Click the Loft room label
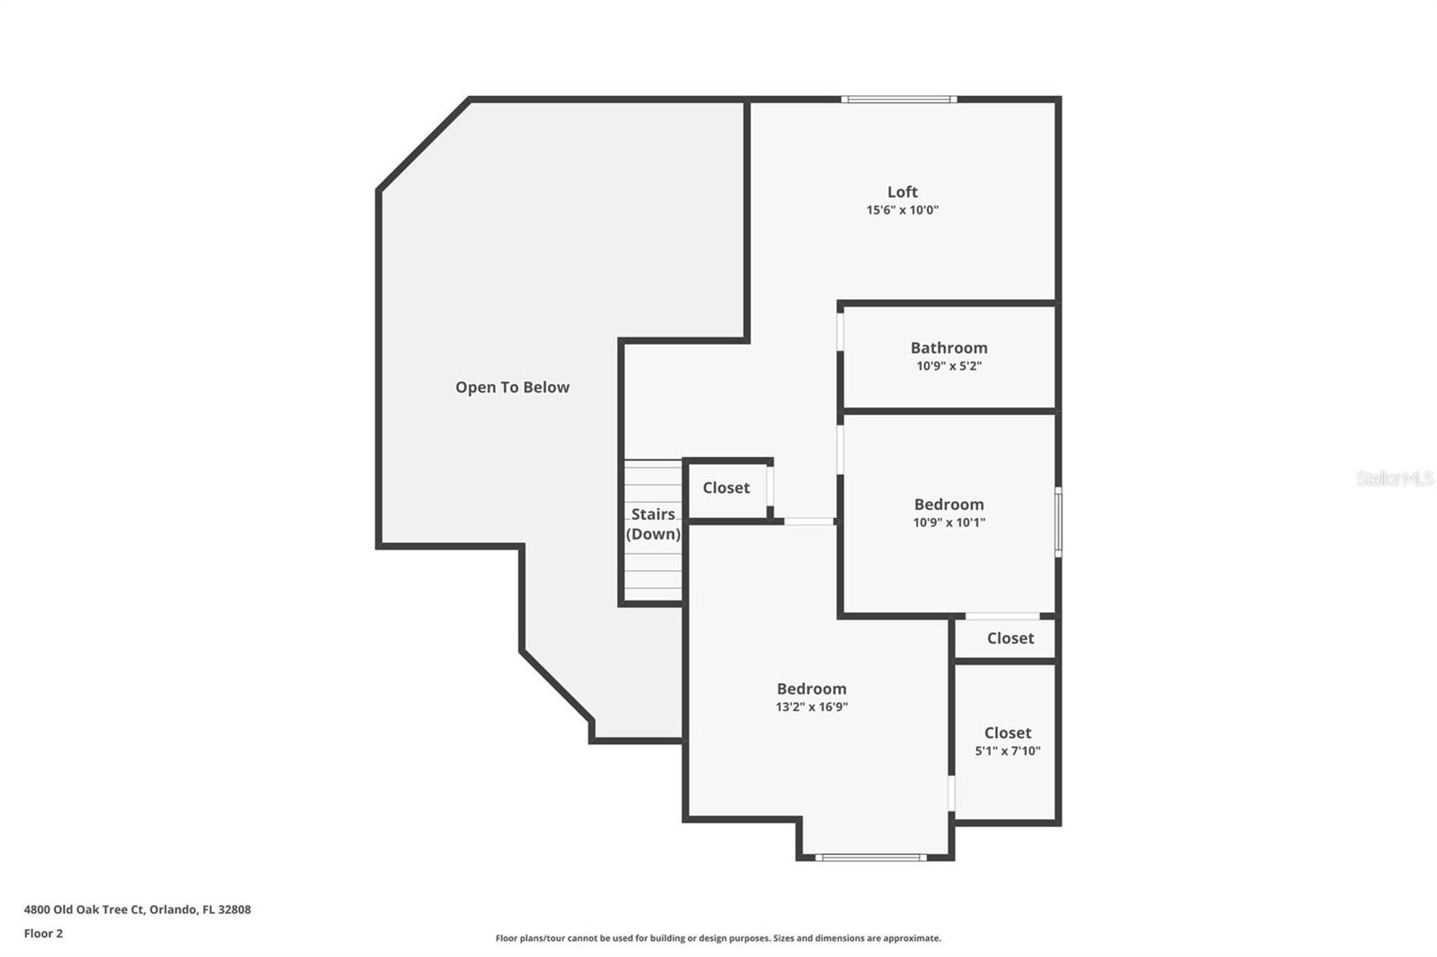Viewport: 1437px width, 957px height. click(902, 191)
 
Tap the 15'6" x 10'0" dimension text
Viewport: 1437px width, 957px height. click(902, 210)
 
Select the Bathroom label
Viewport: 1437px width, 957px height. click(948, 347)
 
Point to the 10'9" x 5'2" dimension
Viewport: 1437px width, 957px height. click(948, 366)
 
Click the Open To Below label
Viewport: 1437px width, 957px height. click(512, 387)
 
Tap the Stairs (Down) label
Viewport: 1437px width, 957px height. click(653, 524)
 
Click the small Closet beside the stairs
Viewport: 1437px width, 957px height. click(726, 487)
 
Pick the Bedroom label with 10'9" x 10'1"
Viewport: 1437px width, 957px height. click(948, 505)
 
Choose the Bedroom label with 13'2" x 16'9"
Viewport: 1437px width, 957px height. click(811, 689)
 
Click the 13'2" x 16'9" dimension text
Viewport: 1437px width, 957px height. click(811, 707)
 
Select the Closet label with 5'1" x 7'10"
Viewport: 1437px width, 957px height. click(1007, 733)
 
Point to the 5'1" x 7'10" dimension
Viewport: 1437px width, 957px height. click(1007, 751)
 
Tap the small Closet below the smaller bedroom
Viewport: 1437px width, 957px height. click(1009, 638)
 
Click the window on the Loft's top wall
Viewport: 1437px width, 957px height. click(898, 100)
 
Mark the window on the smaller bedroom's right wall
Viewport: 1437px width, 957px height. click(1058, 522)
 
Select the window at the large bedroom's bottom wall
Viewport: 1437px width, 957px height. click(870, 857)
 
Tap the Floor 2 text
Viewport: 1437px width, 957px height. click(43, 934)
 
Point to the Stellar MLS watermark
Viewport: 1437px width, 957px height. click(1394, 478)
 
